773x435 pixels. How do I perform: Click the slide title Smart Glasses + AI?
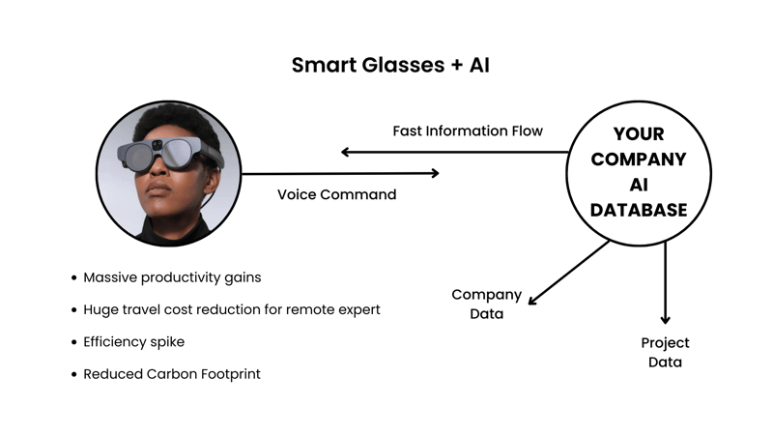point(386,66)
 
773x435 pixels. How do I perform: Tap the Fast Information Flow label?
point(468,130)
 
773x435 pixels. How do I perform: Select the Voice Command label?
point(336,194)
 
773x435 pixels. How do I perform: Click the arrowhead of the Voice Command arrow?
point(435,173)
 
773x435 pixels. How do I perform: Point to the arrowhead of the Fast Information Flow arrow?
point(346,152)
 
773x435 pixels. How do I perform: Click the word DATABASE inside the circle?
point(639,210)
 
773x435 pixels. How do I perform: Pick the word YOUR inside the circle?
point(639,134)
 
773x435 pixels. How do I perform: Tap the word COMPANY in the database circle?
point(639,159)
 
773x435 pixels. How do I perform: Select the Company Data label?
point(486,304)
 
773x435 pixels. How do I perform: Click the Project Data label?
point(665,352)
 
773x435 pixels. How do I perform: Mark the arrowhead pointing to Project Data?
point(665,319)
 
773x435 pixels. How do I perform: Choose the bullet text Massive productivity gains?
point(172,277)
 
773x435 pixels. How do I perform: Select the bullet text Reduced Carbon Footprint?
point(172,373)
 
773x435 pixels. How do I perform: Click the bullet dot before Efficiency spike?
point(74,341)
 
